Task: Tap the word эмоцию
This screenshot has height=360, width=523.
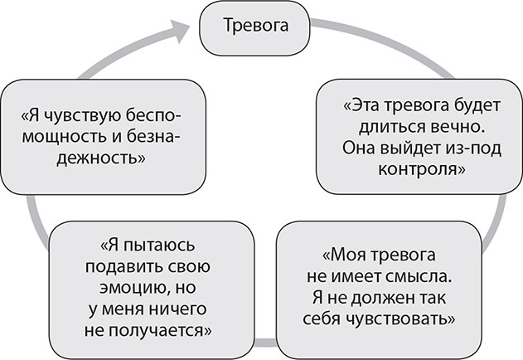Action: click(124, 288)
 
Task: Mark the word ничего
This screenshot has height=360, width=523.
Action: click(179, 309)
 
